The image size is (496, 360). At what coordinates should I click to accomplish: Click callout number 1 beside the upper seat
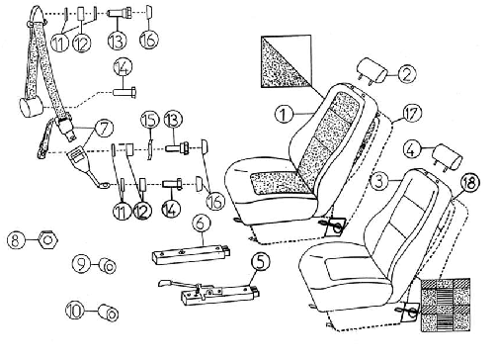[x=284, y=114]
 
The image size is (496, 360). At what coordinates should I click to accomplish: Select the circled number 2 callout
[x=407, y=74]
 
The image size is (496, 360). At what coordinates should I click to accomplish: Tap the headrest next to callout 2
[x=372, y=71]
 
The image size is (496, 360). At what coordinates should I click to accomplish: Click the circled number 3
[x=379, y=181]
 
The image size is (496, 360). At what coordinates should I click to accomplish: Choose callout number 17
[x=412, y=114]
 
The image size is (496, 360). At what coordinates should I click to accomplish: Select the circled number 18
[x=470, y=182]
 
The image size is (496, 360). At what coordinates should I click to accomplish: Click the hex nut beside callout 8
[x=48, y=239]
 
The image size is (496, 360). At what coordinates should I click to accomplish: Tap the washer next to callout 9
[x=108, y=266]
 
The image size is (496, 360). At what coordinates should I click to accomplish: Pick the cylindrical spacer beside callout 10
[x=109, y=313]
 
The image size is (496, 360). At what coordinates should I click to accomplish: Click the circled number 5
[x=261, y=261]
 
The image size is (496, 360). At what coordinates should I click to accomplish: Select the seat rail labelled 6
[x=191, y=253]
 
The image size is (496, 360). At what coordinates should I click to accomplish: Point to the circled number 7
[x=104, y=129]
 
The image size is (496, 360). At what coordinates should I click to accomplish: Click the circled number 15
[x=149, y=120]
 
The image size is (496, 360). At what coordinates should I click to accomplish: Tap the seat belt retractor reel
[x=30, y=107]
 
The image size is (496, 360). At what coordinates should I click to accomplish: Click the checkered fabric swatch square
[x=446, y=305]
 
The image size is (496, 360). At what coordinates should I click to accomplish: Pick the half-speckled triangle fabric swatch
[x=286, y=61]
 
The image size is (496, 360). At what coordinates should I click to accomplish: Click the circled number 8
[x=15, y=239]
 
